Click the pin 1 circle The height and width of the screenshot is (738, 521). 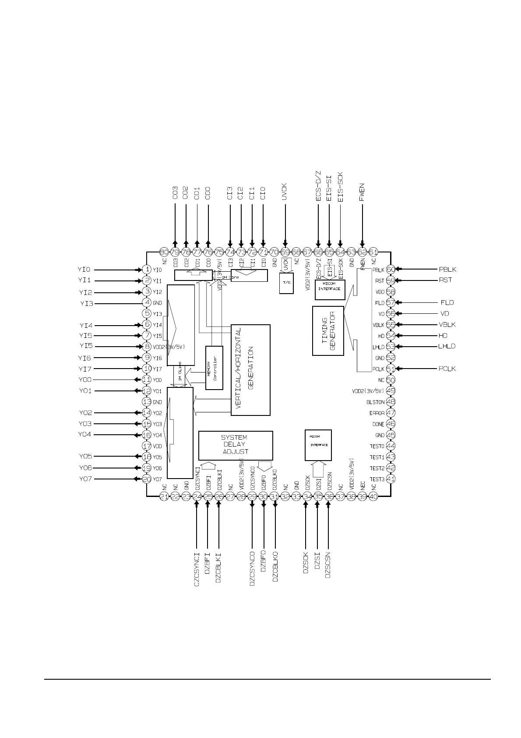(x=147, y=270)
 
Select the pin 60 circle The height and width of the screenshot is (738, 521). (x=391, y=270)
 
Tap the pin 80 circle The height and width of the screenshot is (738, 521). (x=164, y=252)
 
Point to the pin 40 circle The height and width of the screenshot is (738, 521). (x=373, y=496)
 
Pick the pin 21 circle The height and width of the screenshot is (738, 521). (x=164, y=496)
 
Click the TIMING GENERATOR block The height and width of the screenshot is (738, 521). (x=328, y=331)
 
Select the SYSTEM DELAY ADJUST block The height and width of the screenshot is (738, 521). (x=236, y=445)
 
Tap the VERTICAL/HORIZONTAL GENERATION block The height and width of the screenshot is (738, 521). (x=250, y=370)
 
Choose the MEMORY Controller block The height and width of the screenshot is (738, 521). (x=214, y=367)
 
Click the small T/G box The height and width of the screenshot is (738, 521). (x=286, y=283)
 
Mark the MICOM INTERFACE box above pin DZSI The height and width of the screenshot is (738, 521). (x=318, y=445)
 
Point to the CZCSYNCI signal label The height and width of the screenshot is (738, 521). (x=197, y=565)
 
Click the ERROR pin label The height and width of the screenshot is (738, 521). (x=377, y=413)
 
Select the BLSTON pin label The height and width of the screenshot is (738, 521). (x=375, y=402)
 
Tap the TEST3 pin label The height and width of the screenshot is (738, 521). (x=377, y=479)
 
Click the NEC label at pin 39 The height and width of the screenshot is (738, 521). (x=363, y=485)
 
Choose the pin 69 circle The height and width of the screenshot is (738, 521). (x=285, y=252)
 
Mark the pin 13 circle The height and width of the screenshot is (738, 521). (x=147, y=402)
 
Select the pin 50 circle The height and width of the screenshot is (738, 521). (x=391, y=380)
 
